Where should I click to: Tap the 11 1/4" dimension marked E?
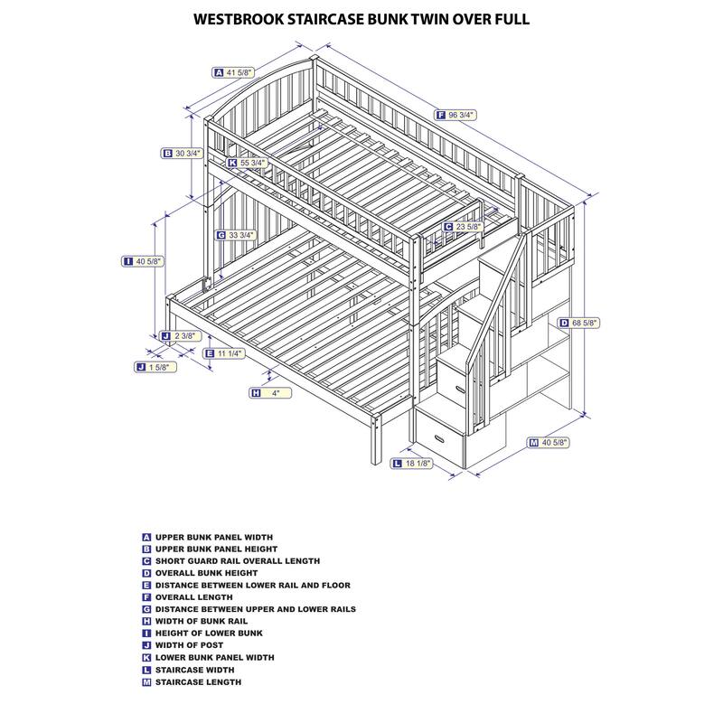click(x=229, y=353)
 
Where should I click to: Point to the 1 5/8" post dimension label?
click(x=155, y=367)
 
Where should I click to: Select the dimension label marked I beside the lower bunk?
click(x=145, y=261)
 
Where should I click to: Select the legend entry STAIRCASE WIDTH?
click(x=194, y=670)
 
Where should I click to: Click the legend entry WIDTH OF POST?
click(x=191, y=645)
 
